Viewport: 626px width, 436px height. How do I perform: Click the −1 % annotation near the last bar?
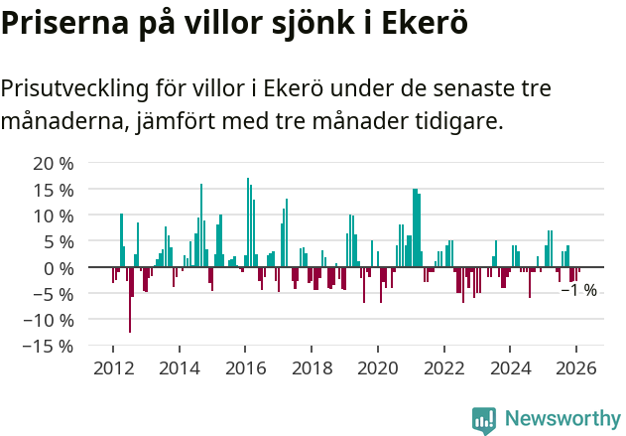click(x=579, y=291)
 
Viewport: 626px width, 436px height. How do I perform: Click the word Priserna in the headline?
click(x=64, y=23)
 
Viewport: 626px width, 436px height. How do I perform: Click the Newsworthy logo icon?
click(x=484, y=419)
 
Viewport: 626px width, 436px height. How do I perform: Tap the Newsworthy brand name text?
click(x=562, y=419)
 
